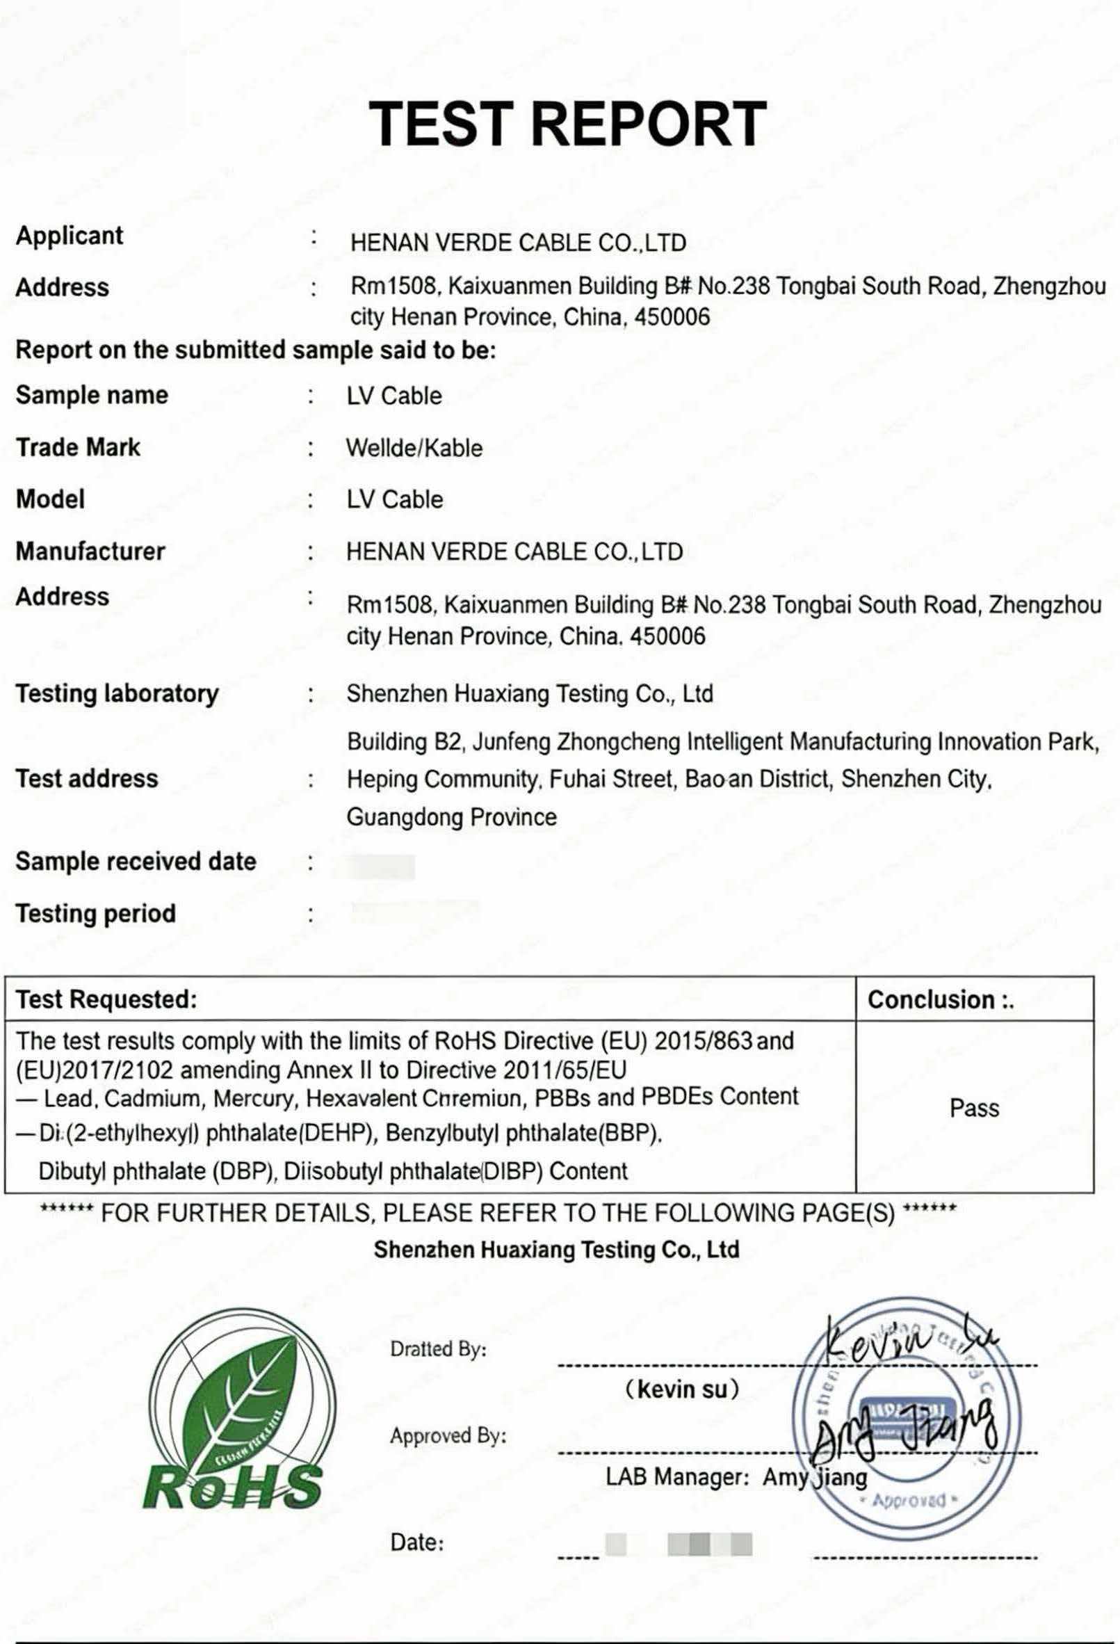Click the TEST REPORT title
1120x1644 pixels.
pyautogui.click(x=567, y=124)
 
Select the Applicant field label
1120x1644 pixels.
pyautogui.click(x=70, y=236)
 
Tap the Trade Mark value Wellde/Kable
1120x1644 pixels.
pyautogui.click(x=414, y=448)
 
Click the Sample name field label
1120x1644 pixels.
pyautogui.click(x=92, y=395)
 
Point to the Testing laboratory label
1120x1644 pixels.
pyautogui.click(x=117, y=693)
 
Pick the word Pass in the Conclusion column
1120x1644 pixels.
pyautogui.click(x=974, y=1108)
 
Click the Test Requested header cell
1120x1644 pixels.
pyautogui.click(x=107, y=999)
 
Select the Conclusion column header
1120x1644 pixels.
pyautogui.click(x=941, y=999)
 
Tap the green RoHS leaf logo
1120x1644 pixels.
pyautogui.click(x=236, y=1409)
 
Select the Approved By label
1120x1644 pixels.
pyautogui.click(x=448, y=1435)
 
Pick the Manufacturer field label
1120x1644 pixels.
pyautogui.click(x=90, y=551)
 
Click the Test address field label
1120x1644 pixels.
pyautogui.click(x=87, y=778)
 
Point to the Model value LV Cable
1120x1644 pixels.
pyautogui.click(x=395, y=499)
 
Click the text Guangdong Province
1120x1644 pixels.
pyautogui.click(x=452, y=817)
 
